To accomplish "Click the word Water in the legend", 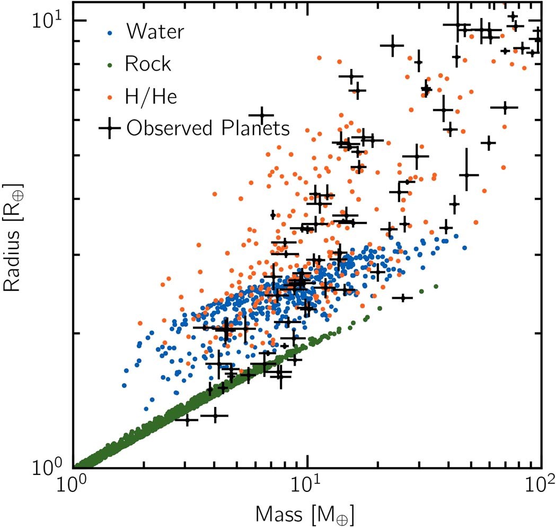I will tap(154, 32).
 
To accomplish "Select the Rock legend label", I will tap(148, 64).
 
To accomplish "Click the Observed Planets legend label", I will tap(208, 128).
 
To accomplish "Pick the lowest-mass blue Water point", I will tap(125, 385).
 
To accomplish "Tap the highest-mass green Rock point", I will tap(436, 287).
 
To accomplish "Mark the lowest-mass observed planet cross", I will tap(187, 420).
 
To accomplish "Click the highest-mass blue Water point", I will tap(464, 248).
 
